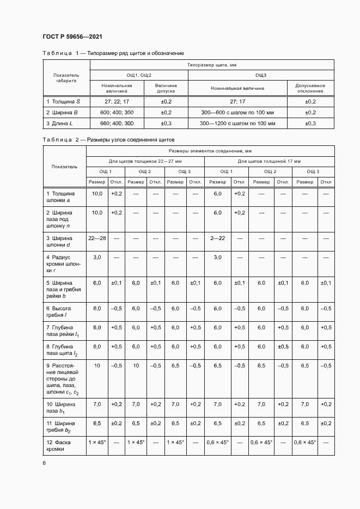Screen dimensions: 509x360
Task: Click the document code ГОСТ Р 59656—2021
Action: [x=72, y=37]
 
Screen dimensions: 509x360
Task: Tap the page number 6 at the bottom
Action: [x=44, y=463]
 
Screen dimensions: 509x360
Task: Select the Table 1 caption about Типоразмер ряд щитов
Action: [x=113, y=53]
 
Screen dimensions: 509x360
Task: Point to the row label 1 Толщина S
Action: [x=64, y=101]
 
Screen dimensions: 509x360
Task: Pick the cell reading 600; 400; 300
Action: [x=117, y=112]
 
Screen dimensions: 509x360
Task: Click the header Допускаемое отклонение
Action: [x=310, y=88]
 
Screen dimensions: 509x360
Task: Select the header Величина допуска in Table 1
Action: [x=166, y=88]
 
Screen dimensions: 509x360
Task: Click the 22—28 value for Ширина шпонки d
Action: [x=97, y=238]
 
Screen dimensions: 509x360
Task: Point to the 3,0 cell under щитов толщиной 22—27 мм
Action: [x=97, y=256]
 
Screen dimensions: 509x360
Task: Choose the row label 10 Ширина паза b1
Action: [x=61, y=407]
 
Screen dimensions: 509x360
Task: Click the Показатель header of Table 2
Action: [x=65, y=167]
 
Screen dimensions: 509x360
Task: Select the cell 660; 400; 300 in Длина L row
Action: [x=117, y=124]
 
